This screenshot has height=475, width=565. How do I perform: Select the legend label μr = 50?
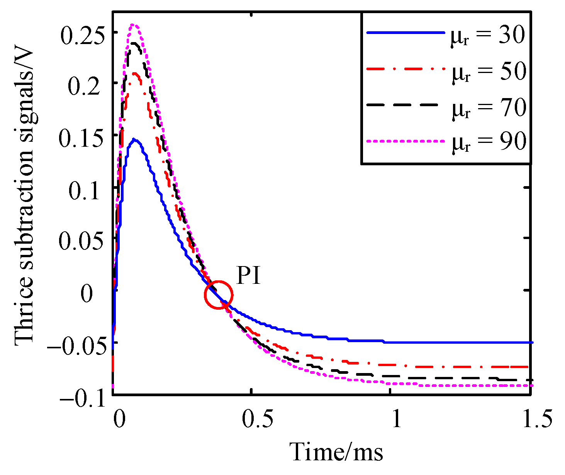pos(489,73)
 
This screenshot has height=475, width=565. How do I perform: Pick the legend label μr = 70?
pos(489,108)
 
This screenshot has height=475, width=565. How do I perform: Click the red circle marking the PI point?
pos(219,295)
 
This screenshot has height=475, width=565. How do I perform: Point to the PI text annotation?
pos(248,277)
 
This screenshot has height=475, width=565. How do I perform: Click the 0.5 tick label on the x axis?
pos(251,420)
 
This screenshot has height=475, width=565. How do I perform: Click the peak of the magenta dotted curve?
pos(134,25)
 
